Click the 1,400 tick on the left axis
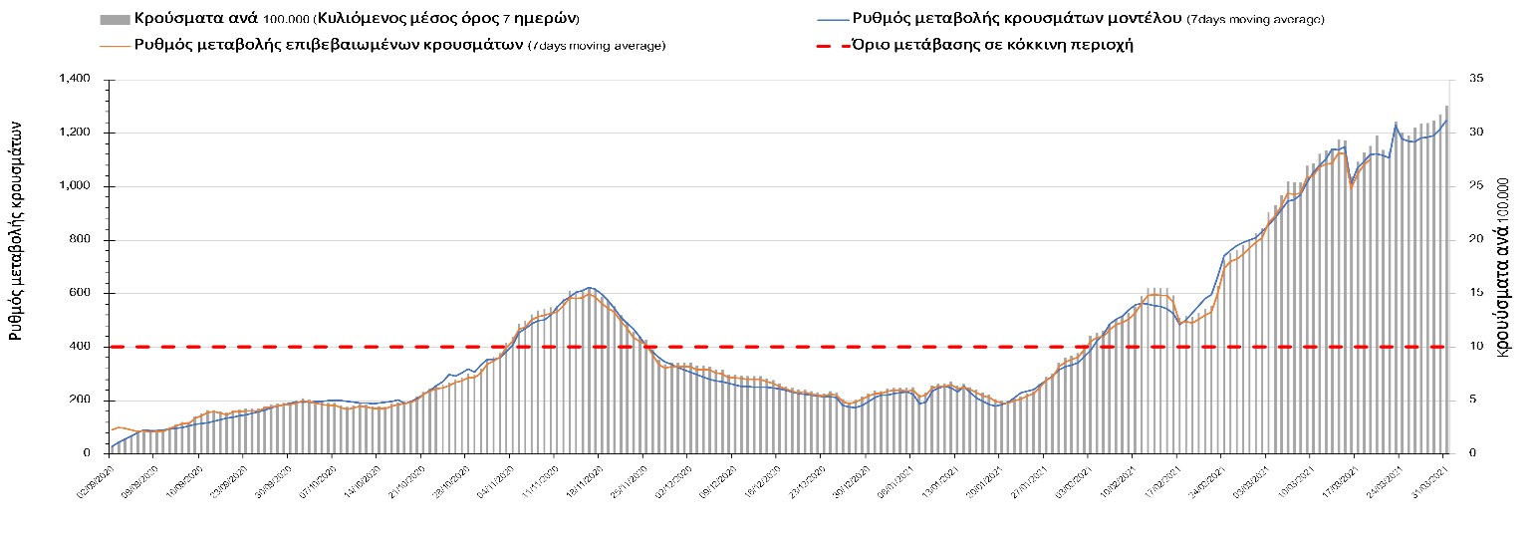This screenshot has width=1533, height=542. tap(75, 79)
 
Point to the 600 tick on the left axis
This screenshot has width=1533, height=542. tap(81, 293)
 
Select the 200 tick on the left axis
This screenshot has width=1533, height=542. tap(81, 400)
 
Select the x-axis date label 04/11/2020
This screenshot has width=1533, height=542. tap(496, 475)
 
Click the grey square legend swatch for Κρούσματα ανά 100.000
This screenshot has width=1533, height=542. tap(114, 20)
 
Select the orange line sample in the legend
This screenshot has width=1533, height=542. tap(114, 45)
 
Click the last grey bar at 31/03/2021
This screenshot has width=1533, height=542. tap(1446, 279)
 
